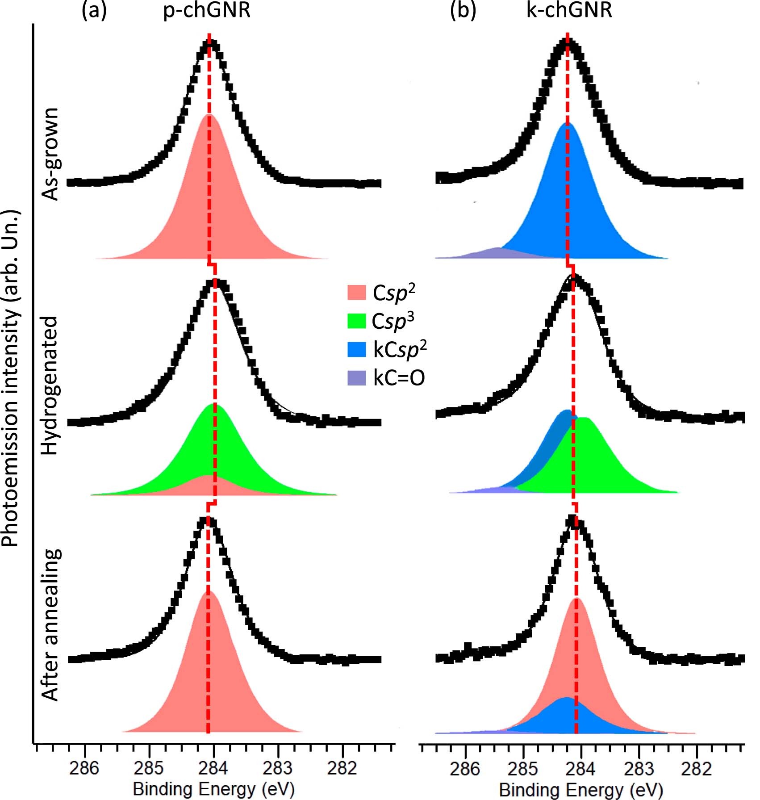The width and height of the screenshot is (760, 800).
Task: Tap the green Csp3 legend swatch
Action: (x=356, y=321)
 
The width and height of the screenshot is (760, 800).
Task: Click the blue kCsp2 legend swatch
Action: (x=356, y=349)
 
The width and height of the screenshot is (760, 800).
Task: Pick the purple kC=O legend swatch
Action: (x=356, y=378)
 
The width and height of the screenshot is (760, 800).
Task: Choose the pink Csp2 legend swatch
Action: (x=356, y=293)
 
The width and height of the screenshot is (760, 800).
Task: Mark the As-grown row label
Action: (x=50, y=154)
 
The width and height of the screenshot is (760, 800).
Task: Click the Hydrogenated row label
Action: (x=50, y=386)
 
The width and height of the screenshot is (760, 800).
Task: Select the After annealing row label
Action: (x=50, y=625)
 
